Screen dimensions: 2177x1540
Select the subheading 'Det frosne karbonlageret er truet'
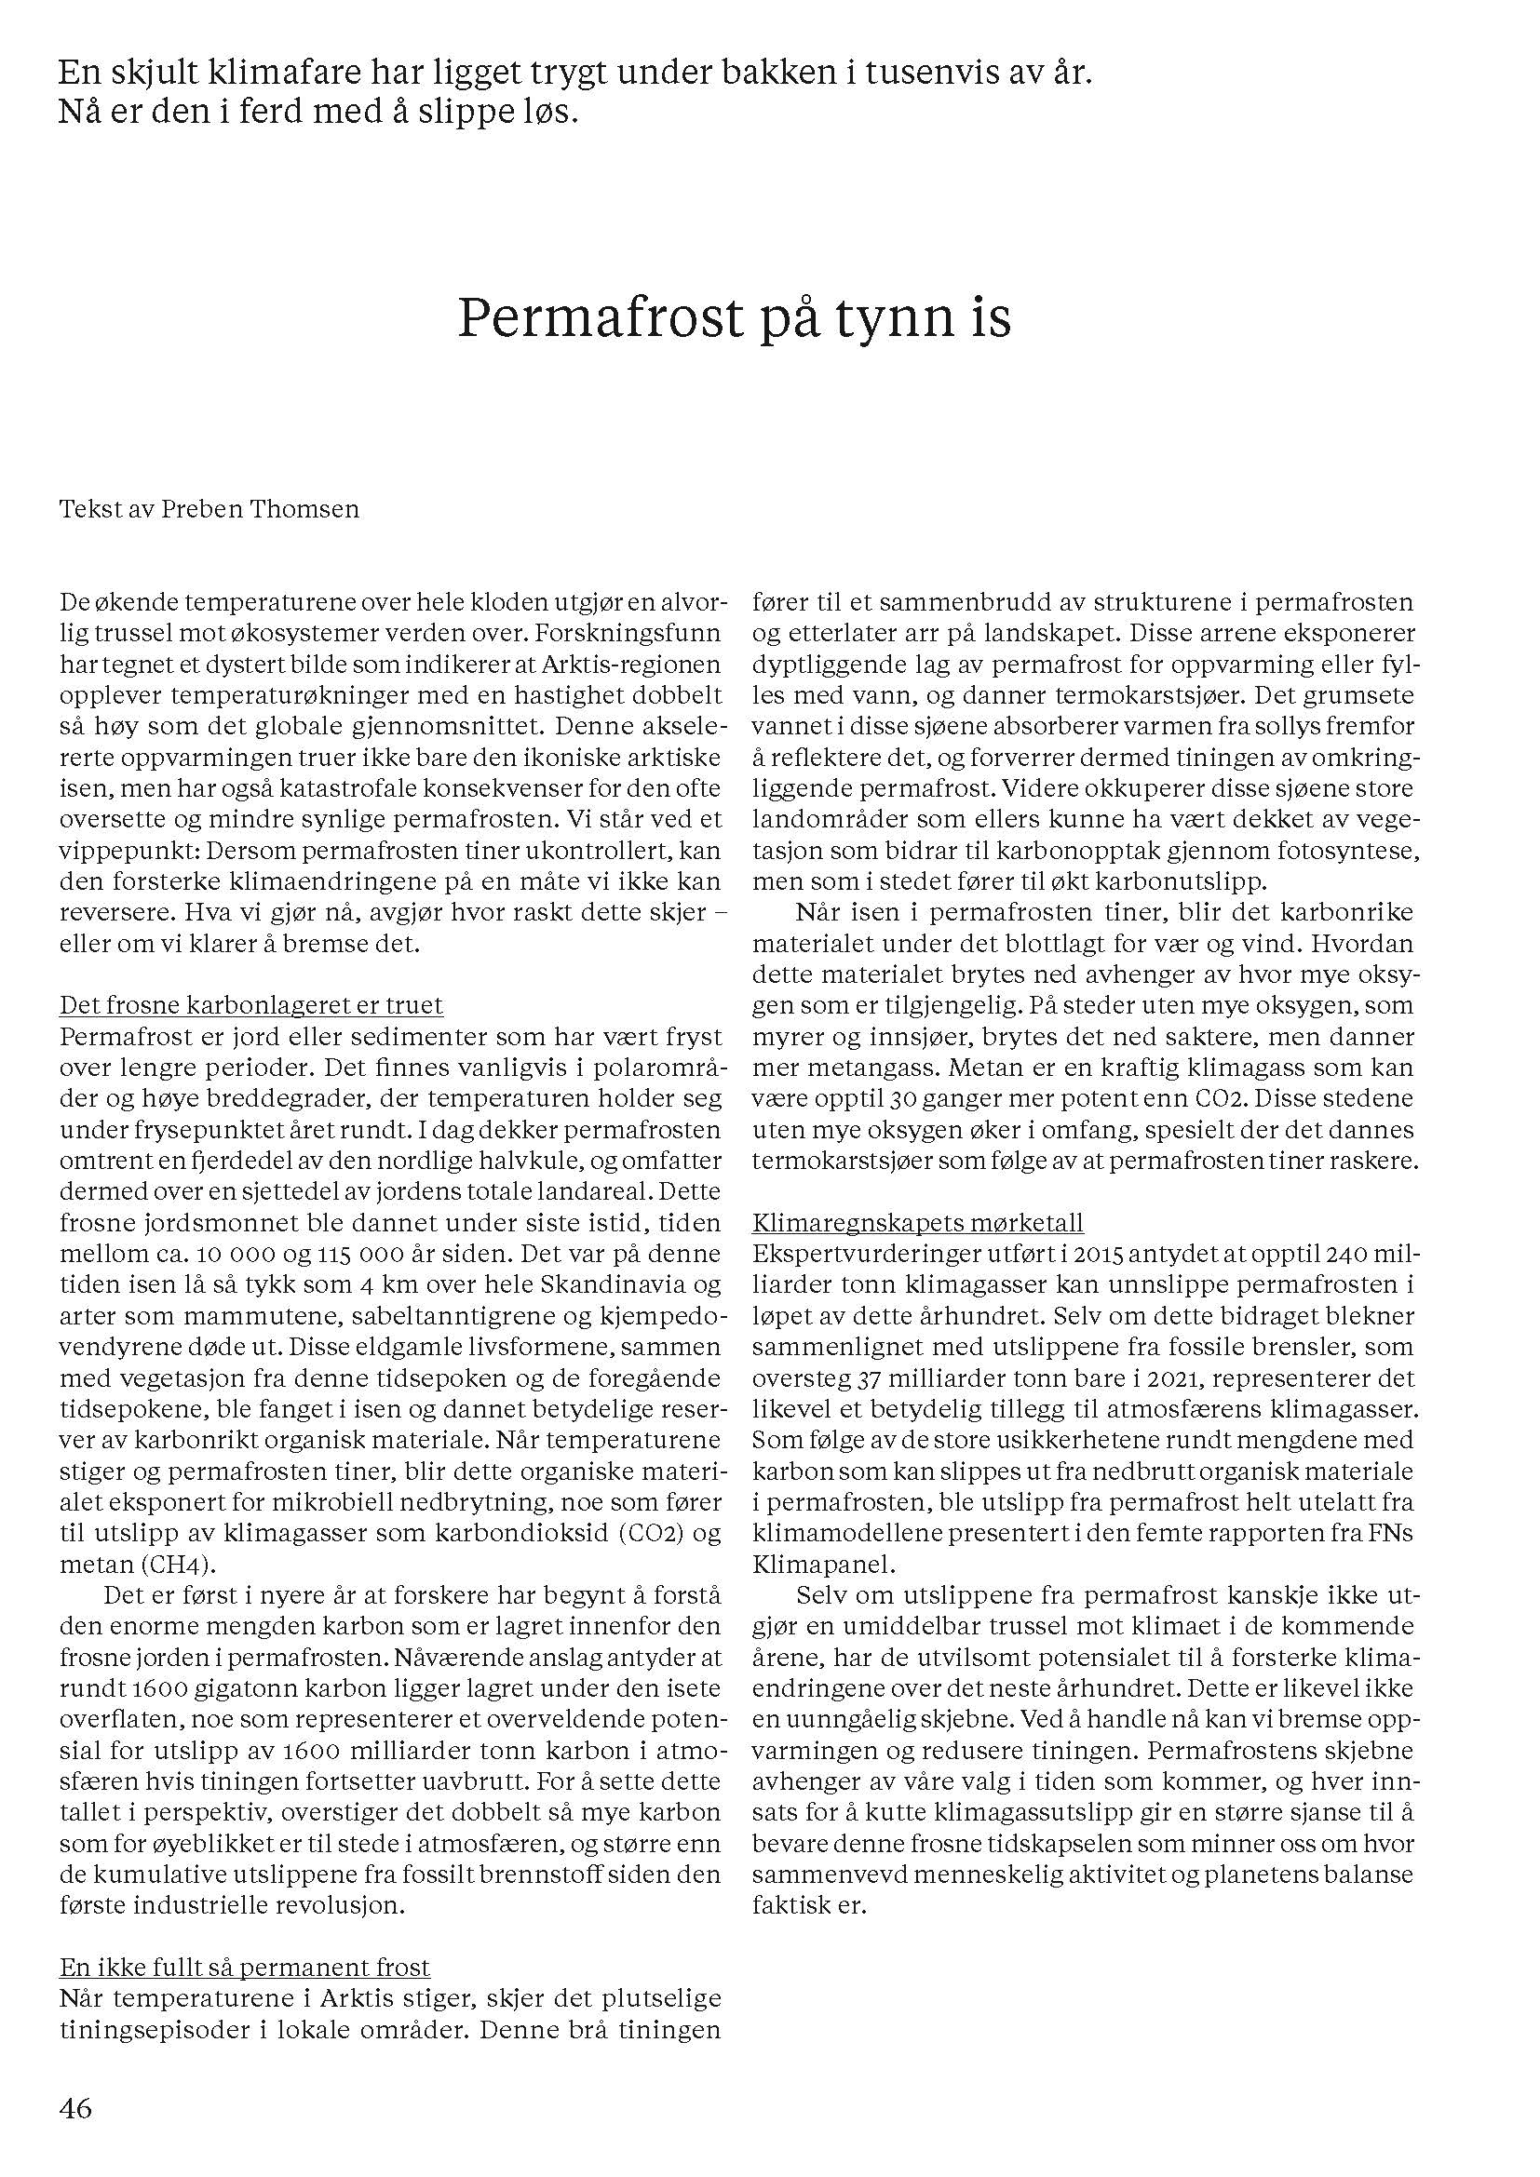(251, 1005)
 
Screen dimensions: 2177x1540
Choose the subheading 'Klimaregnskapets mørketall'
(918, 1222)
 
